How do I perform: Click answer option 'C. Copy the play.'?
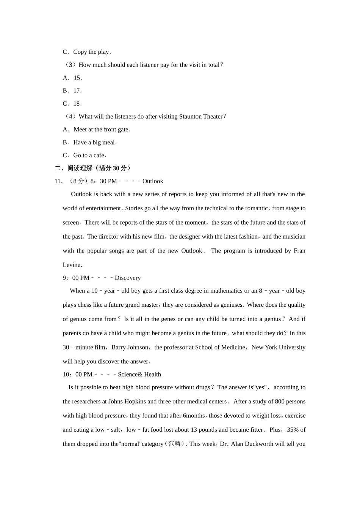(x=87, y=52)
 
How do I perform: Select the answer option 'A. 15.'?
(x=72, y=78)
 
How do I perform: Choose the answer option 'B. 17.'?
(x=72, y=91)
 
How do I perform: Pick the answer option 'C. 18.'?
(x=72, y=103)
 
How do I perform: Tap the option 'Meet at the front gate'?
(x=102, y=130)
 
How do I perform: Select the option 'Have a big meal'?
(x=94, y=142)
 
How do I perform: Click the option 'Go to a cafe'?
(x=89, y=155)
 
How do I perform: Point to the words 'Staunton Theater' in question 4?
(x=200, y=117)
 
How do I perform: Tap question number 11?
(x=59, y=181)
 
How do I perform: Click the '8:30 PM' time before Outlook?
(x=103, y=181)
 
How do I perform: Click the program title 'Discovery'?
(x=128, y=278)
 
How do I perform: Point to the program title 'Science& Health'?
(x=139, y=374)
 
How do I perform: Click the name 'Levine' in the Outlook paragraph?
(x=72, y=265)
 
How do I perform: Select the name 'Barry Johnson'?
(x=130, y=347)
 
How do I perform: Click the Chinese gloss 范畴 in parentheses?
(x=174, y=444)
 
